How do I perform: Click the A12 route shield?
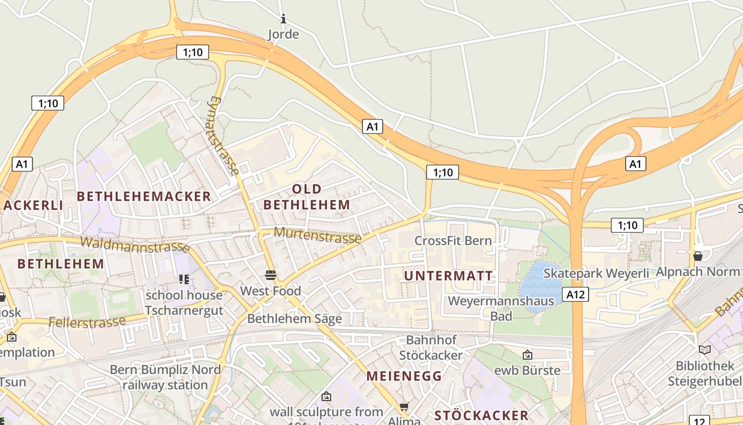tap(576, 294)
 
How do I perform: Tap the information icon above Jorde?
tap(283, 19)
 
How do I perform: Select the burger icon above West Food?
tap(271, 275)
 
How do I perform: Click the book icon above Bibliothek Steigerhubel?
tap(705, 350)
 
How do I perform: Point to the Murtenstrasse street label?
tap(318, 234)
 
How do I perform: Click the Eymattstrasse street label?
tap(222, 136)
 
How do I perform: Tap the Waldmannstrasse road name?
tap(135, 245)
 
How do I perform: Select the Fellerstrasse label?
tap(87, 321)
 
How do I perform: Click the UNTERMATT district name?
tap(448, 276)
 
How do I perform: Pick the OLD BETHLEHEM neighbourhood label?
tap(307, 197)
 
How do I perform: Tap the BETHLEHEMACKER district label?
tap(144, 196)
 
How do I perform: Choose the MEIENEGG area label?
tap(404, 376)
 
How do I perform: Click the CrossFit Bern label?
tap(453, 241)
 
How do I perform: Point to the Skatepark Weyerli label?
tap(597, 273)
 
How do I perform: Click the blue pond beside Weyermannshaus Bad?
tap(539, 282)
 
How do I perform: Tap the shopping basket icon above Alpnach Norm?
tap(698, 256)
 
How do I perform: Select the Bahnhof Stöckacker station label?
tap(431, 347)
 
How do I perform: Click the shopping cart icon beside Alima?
tap(404, 407)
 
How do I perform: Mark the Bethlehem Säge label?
tap(295, 319)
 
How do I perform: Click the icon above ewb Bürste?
tap(528, 354)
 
